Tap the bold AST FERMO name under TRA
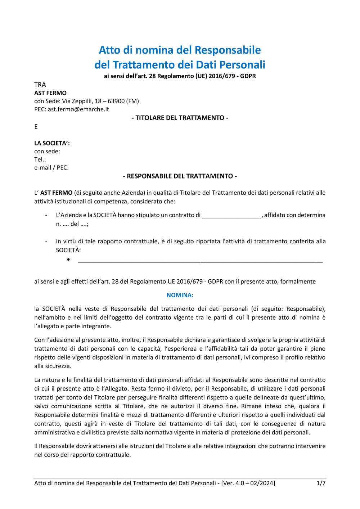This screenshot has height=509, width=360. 50,93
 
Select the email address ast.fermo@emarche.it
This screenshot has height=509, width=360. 78,109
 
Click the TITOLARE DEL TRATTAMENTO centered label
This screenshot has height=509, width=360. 180,118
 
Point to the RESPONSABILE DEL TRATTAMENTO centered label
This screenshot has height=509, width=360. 180,176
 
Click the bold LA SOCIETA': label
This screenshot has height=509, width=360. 52,143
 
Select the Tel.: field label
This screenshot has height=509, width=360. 40,159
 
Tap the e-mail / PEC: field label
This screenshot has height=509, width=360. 51,167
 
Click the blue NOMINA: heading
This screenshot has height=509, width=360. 180,295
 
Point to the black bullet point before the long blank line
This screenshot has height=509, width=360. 68,260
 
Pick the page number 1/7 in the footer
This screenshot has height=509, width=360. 321,483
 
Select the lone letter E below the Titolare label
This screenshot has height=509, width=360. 36,126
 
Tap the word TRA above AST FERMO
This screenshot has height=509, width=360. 40,85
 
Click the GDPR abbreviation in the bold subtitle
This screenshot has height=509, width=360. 248,76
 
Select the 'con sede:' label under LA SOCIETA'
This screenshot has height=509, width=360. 47,151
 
